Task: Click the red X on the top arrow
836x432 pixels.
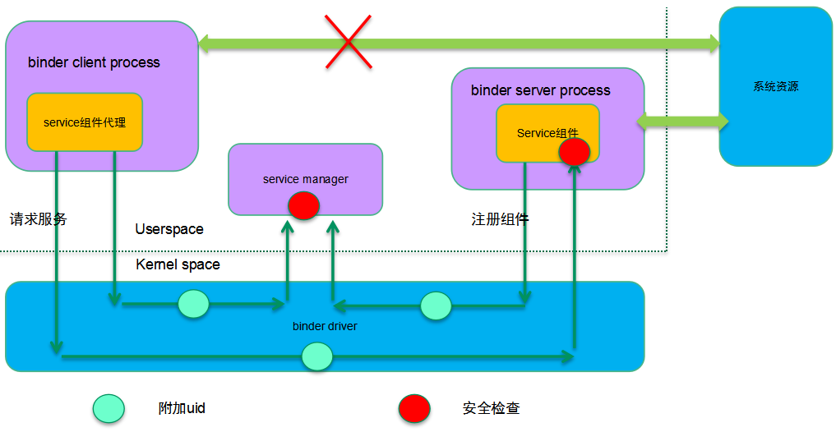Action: (x=348, y=43)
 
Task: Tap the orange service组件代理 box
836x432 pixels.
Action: (x=85, y=122)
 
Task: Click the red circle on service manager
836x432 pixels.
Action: (x=303, y=205)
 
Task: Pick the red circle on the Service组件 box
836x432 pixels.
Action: (x=574, y=152)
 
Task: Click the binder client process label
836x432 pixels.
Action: (x=94, y=62)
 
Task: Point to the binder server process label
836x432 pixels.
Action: (x=540, y=90)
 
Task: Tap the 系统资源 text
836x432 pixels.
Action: (x=775, y=86)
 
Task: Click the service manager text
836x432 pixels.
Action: (x=305, y=179)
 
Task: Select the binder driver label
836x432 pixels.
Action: (x=325, y=326)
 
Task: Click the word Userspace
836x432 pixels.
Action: (x=169, y=229)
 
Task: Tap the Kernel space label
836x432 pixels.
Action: (x=178, y=264)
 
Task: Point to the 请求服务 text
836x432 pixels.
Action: (x=39, y=219)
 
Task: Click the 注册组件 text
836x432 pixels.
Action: (x=500, y=219)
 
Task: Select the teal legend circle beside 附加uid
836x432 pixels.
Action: (x=109, y=408)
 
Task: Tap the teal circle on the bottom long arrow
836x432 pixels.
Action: (x=316, y=356)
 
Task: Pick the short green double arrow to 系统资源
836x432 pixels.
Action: (x=682, y=122)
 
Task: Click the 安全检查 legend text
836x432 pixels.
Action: (x=491, y=408)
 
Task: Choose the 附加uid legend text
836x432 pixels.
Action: (x=182, y=408)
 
